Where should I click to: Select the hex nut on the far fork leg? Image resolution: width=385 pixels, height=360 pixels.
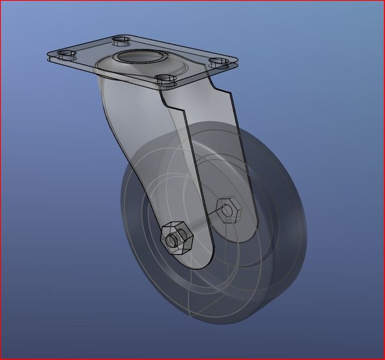coord(228,209)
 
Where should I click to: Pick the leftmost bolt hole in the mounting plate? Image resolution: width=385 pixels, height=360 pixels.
coord(65,54)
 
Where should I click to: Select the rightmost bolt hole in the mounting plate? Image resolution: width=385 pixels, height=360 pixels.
coord(219,62)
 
